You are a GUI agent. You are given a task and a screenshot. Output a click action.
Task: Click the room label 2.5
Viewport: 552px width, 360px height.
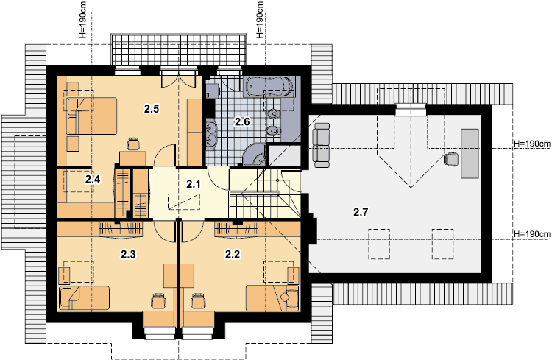tap(152, 109)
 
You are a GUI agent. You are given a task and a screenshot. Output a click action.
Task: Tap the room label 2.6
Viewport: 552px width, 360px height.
tap(242, 122)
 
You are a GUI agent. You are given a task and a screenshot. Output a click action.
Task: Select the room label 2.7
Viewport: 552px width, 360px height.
tap(361, 212)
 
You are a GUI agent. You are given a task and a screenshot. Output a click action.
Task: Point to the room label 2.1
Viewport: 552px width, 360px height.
tap(194, 183)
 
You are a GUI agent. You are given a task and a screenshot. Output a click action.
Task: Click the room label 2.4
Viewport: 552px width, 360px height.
tap(93, 180)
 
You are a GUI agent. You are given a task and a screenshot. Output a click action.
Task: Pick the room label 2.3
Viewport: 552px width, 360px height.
tap(128, 254)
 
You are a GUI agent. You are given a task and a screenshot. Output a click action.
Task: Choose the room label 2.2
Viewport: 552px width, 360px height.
tap(233, 254)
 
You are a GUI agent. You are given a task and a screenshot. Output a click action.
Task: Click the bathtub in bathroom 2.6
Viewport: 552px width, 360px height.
tap(269, 87)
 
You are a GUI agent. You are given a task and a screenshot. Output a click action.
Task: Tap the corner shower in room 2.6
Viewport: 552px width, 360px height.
tap(253, 154)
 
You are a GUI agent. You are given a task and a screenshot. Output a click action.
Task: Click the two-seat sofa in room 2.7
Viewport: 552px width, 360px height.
tap(322, 145)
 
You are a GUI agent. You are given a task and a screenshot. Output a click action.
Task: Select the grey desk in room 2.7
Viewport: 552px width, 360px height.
tap(470, 154)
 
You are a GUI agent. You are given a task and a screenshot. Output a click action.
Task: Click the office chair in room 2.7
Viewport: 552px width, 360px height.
tap(451, 159)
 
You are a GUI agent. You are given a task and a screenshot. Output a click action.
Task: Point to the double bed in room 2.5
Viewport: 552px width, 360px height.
tap(91, 116)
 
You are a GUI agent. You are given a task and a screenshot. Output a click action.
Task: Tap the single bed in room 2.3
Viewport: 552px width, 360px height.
tap(84, 298)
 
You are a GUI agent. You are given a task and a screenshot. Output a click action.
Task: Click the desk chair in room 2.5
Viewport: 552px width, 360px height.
tap(133, 144)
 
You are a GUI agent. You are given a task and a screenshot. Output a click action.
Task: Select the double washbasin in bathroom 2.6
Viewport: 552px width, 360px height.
tap(211, 133)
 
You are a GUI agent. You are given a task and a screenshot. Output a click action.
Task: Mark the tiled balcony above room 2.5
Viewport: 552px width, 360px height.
tap(179, 49)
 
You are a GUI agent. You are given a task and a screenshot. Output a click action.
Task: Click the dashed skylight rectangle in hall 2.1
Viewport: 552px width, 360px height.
tap(184, 202)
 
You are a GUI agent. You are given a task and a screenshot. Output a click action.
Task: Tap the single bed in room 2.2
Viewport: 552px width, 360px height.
tap(272, 298)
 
